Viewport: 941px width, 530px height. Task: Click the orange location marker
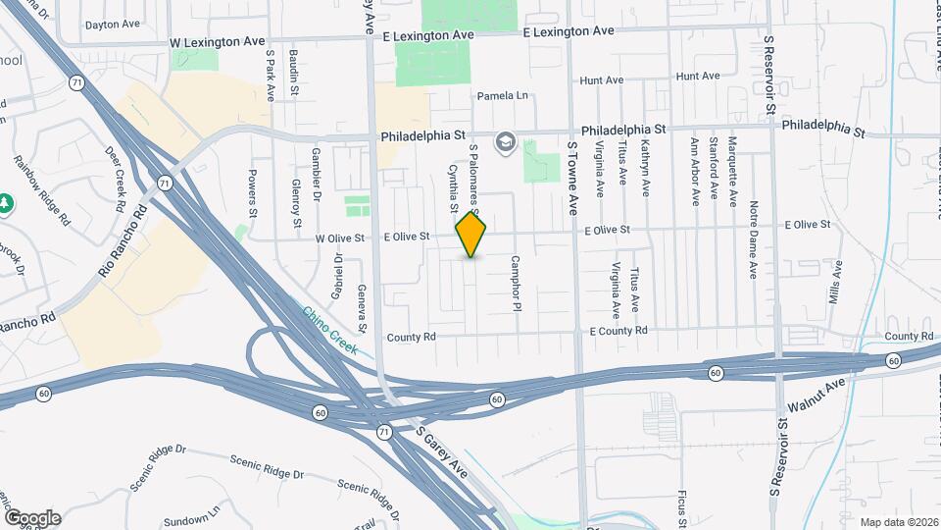point(471,235)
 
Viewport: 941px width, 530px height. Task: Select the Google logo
point(32,517)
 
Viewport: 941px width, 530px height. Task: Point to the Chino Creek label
point(329,330)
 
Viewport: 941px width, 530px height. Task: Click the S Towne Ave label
point(573,178)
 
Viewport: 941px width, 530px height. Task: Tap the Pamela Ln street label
point(502,96)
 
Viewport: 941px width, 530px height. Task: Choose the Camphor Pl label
point(514,285)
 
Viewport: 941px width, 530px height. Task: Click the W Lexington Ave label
point(218,43)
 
